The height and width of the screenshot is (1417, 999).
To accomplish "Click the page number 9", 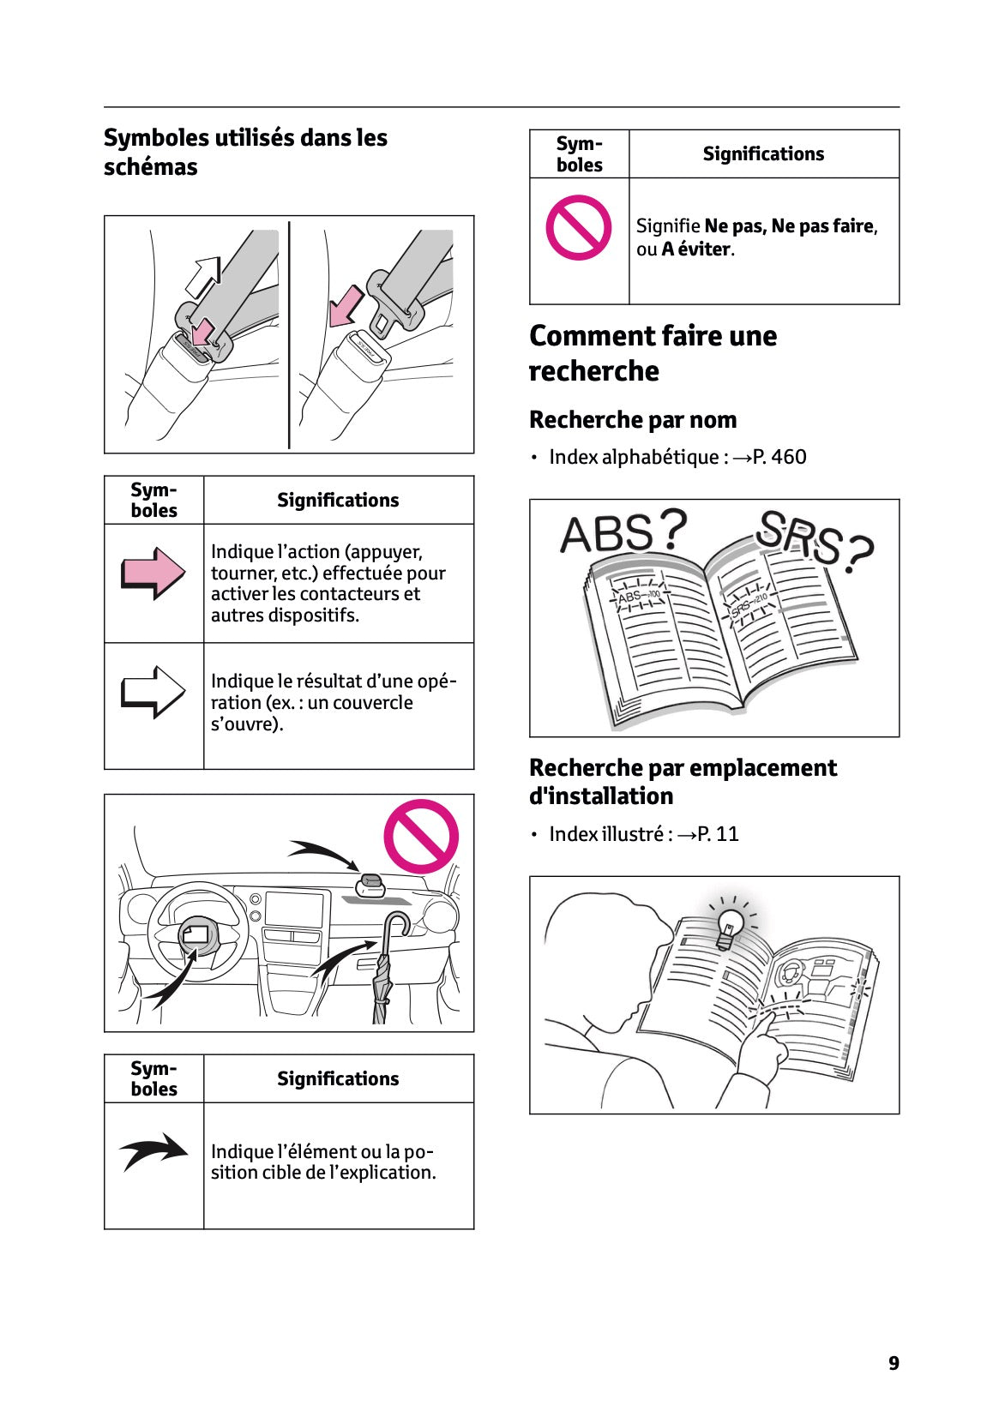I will tap(894, 1363).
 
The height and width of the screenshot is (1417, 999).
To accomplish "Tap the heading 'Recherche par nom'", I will tap(632, 420).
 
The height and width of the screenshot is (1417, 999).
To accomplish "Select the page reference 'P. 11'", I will tap(717, 834).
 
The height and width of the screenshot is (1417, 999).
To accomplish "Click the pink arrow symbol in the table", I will tap(153, 573).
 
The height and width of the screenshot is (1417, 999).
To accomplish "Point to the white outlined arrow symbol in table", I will tap(153, 691).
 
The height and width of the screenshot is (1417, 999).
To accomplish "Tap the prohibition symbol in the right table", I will tap(579, 228).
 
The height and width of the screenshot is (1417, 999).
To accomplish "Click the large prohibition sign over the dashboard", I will tap(420, 837).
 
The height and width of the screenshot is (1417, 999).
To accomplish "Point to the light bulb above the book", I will tap(730, 926).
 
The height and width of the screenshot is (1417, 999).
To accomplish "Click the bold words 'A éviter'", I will tap(696, 249).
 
